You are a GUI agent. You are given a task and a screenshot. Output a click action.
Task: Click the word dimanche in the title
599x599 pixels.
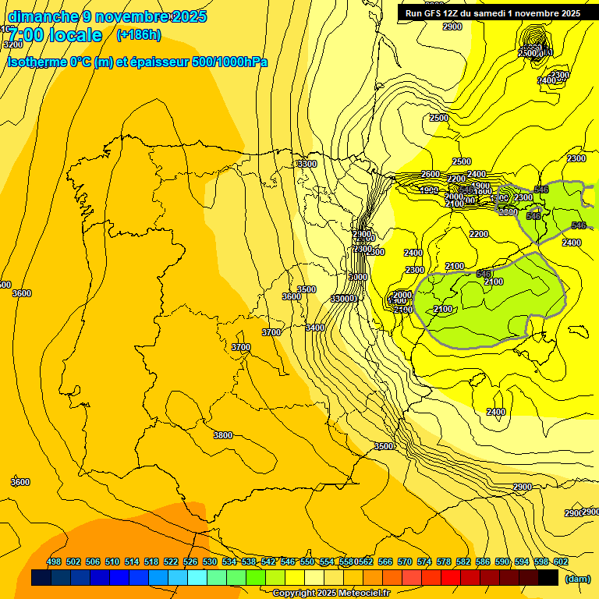click(43, 16)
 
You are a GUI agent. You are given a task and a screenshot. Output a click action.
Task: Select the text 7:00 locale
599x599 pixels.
click(55, 35)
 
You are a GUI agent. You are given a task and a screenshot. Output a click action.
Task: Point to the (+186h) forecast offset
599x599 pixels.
click(138, 35)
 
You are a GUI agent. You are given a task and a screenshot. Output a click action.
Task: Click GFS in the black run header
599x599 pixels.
click(438, 13)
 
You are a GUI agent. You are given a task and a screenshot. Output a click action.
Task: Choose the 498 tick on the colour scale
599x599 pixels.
click(54, 562)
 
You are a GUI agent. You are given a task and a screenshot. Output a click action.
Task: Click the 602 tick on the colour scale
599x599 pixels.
click(561, 562)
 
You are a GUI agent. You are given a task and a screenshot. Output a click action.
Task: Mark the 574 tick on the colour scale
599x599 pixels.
click(424, 562)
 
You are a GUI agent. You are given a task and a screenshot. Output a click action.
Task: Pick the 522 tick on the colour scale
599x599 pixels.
click(171, 562)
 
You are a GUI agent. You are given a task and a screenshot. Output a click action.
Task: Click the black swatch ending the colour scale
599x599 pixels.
click(548, 578)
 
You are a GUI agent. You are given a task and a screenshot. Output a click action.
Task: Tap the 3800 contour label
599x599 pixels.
click(223, 435)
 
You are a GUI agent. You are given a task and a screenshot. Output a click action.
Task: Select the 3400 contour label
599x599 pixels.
click(315, 328)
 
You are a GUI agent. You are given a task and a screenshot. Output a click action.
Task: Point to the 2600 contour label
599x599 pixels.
click(431, 174)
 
